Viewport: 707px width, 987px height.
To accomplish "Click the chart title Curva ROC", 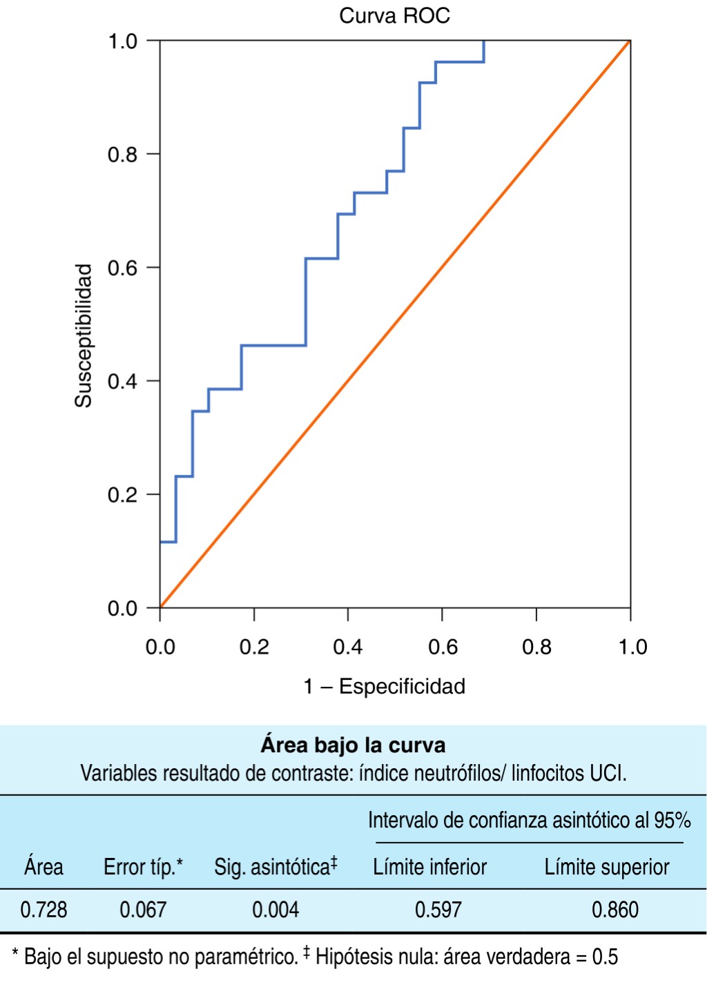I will (394, 16).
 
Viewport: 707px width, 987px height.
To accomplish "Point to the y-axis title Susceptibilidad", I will (84, 335).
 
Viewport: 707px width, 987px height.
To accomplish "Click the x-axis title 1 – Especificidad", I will (385, 686).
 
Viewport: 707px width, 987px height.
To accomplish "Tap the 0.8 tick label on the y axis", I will (123, 155).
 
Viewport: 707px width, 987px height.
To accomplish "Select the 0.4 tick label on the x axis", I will (347, 647).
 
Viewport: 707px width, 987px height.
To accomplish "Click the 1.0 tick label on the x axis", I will (632, 647).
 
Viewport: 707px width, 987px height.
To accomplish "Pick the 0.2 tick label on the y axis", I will (123, 495).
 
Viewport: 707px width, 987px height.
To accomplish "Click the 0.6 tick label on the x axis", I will (443, 647).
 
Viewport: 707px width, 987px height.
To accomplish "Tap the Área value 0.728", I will (43, 910).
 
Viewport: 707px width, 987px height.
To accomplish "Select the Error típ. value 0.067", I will (143, 910).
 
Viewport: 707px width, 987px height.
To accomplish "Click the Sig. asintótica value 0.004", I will (275, 910).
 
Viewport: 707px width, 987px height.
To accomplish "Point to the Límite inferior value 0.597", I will (438, 910).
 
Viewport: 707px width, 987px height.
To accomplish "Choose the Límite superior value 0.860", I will (615, 910).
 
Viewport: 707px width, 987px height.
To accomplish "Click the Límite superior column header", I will (607, 867).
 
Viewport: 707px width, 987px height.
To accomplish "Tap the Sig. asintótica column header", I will (275, 867).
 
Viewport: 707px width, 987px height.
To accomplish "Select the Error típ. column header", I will (143, 867).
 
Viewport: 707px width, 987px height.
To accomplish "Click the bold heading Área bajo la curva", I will (353, 745).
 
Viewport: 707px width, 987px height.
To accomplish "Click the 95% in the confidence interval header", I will (672, 821).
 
